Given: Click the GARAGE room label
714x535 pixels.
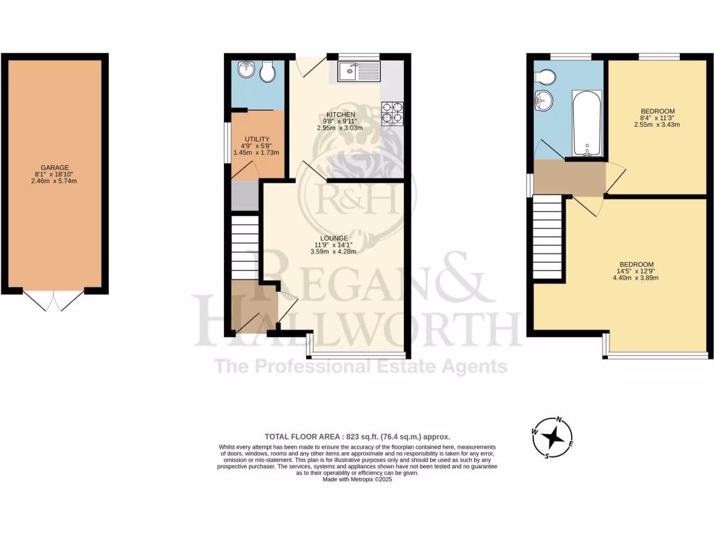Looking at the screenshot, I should (x=54, y=167).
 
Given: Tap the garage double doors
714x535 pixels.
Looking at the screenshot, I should (x=54, y=300).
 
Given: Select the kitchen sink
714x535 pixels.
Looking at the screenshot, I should (x=358, y=71).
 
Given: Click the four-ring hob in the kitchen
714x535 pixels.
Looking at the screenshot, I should (x=392, y=114).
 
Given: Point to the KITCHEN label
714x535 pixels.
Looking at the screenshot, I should (x=341, y=114).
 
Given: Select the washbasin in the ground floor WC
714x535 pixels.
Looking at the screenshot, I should (x=245, y=70).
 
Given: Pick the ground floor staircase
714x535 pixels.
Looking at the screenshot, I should (x=244, y=247).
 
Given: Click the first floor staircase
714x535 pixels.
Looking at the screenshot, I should (x=547, y=237).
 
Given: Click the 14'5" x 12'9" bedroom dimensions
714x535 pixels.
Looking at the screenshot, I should (x=637, y=274).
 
